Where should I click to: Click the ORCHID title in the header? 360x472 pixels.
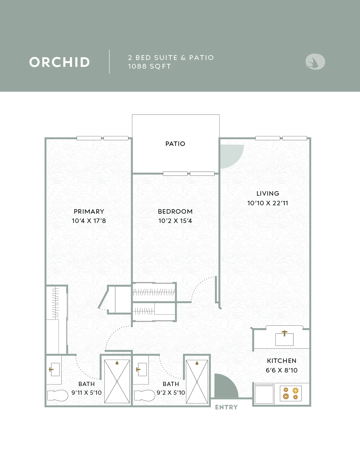[59, 62]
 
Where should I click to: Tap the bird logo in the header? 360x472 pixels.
[315, 62]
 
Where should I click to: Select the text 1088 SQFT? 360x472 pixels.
[150, 66]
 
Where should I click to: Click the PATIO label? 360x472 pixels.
[175, 144]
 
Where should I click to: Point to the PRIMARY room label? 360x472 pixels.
[89, 211]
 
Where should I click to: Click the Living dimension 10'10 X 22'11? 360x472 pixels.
[268, 203]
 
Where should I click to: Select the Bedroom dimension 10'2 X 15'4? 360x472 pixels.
[175, 221]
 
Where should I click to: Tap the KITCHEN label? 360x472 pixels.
[282, 361]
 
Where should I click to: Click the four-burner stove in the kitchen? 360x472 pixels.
[291, 393]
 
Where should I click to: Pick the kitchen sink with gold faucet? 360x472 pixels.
[284, 339]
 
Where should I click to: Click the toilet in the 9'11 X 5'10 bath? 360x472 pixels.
[58, 396]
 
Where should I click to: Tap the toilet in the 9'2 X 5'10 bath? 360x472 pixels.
[145, 396]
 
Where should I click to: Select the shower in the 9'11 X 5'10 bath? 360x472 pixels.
[117, 381]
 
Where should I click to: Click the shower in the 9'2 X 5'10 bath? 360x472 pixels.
[197, 382]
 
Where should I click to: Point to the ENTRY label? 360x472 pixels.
[226, 407]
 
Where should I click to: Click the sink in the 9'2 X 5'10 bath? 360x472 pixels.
[141, 370]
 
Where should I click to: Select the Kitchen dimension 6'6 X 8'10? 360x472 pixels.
[282, 370]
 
